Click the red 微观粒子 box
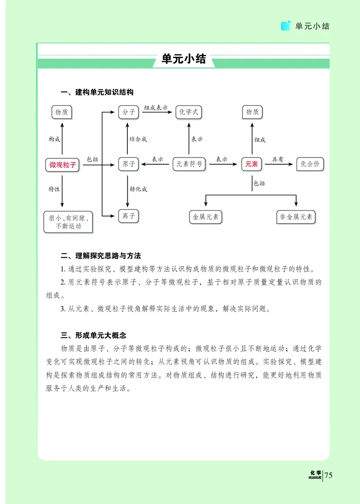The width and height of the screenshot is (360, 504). pyautogui.click(x=63, y=165)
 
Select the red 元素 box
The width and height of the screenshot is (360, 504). pyautogui.click(x=252, y=164)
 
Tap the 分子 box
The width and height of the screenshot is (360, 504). pyautogui.click(x=129, y=112)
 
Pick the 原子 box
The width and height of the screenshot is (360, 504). pyautogui.click(x=129, y=164)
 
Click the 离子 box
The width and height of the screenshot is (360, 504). pyautogui.click(x=129, y=216)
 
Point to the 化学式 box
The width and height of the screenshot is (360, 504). pyautogui.click(x=189, y=112)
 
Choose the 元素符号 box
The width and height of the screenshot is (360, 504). pyautogui.click(x=189, y=164)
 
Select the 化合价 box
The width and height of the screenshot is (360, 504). pyautogui.click(x=310, y=164)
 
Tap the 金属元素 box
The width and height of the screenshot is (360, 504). pyautogui.click(x=206, y=217)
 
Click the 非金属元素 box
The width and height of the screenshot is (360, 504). pyautogui.click(x=296, y=217)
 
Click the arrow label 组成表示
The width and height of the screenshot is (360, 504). pyautogui.click(x=156, y=108)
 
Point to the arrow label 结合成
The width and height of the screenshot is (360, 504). pyautogui.click(x=138, y=139)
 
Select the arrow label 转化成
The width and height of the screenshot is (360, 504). pyautogui.click(x=138, y=189)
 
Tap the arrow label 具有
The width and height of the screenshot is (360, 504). pyautogui.click(x=278, y=159)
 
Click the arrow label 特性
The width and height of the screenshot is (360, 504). pyautogui.click(x=54, y=189)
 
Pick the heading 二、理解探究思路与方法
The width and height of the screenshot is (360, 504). pyautogui.click(x=101, y=256)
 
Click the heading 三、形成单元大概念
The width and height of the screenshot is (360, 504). pyautogui.click(x=94, y=335)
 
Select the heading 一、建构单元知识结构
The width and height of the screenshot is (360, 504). pyautogui.click(x=97, y=93)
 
